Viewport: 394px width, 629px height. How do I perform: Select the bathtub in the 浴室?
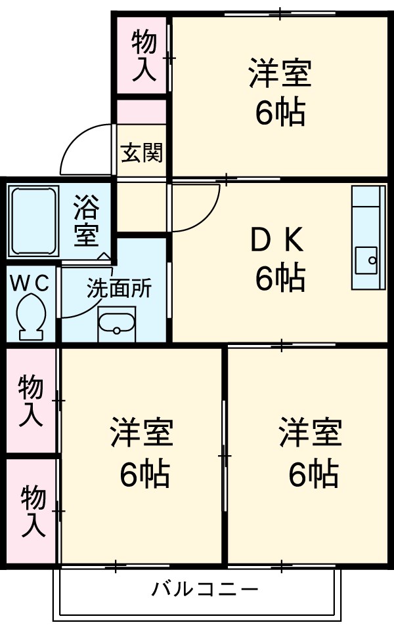[x=32, y=220]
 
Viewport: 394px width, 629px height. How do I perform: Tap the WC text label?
[x=30, y=283]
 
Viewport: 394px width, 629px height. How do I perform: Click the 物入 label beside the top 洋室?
[x=144, y=56]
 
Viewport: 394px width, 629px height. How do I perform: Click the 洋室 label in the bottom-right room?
[x=311, y=432]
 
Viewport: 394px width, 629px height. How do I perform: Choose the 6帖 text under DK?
[x=280, y=279]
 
